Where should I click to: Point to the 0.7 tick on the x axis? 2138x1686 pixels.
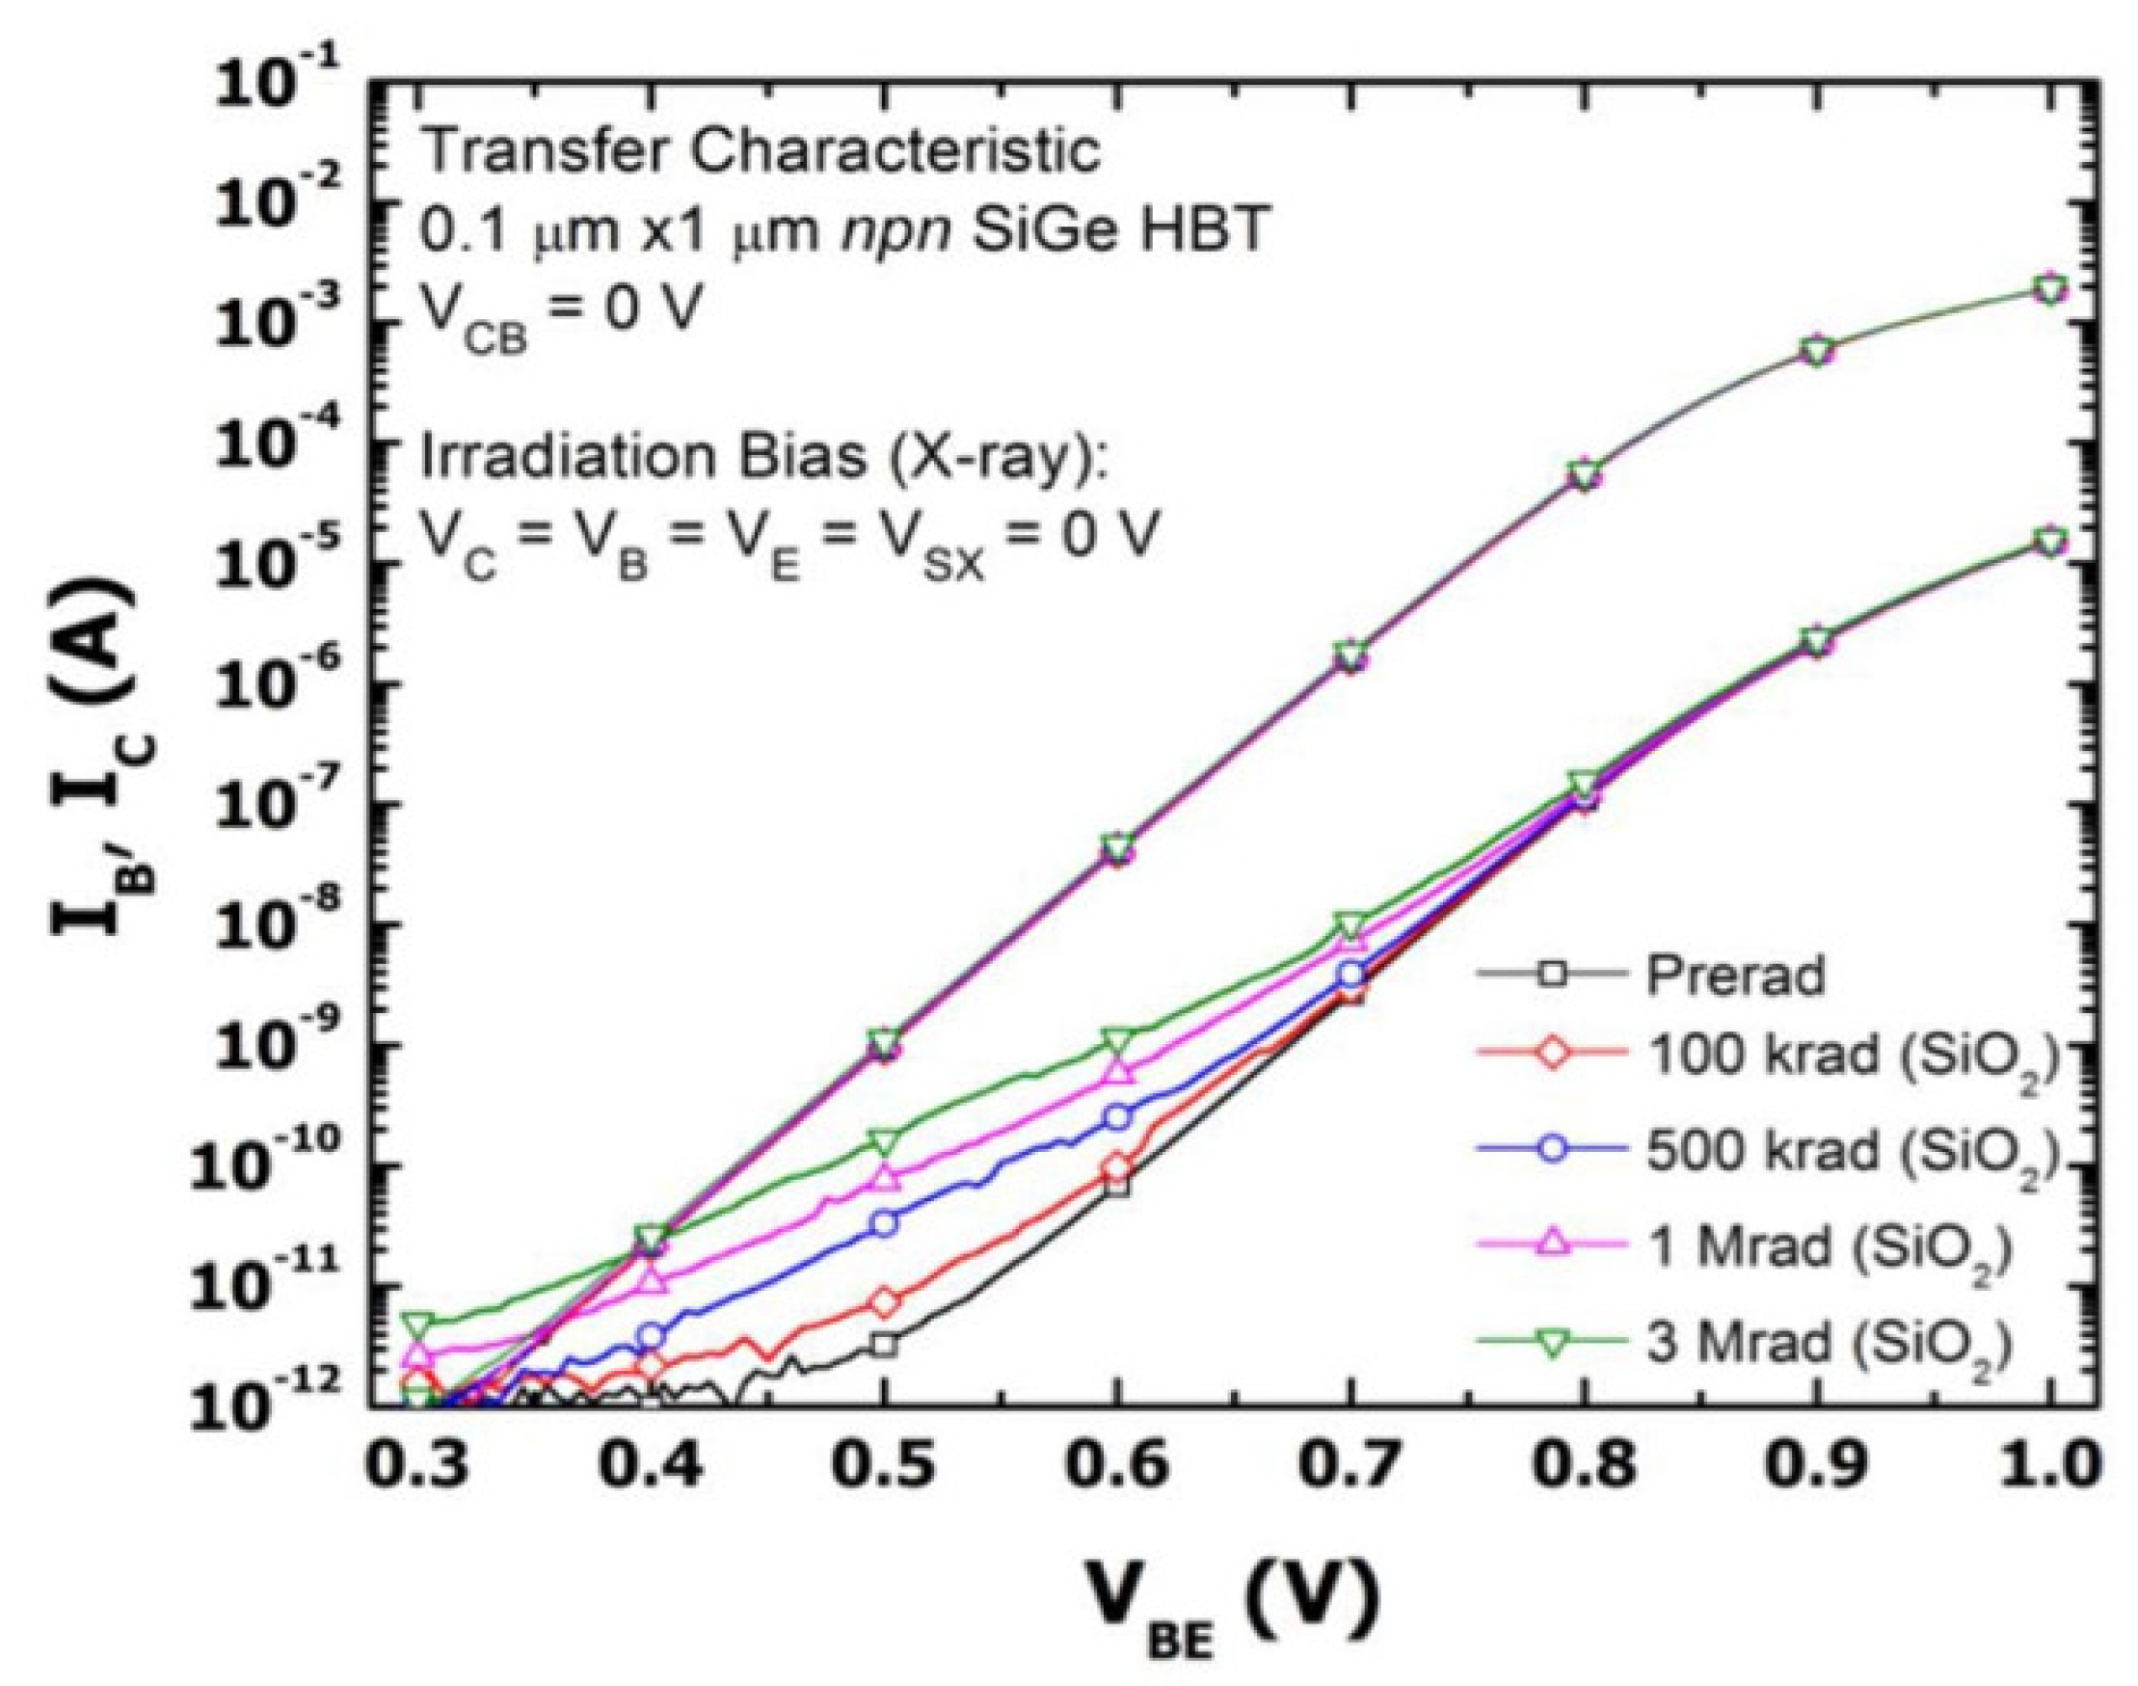point(1350,1467)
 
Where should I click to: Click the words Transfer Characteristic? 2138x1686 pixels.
point(760,152)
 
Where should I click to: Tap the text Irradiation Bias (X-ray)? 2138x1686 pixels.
point(765,461)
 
